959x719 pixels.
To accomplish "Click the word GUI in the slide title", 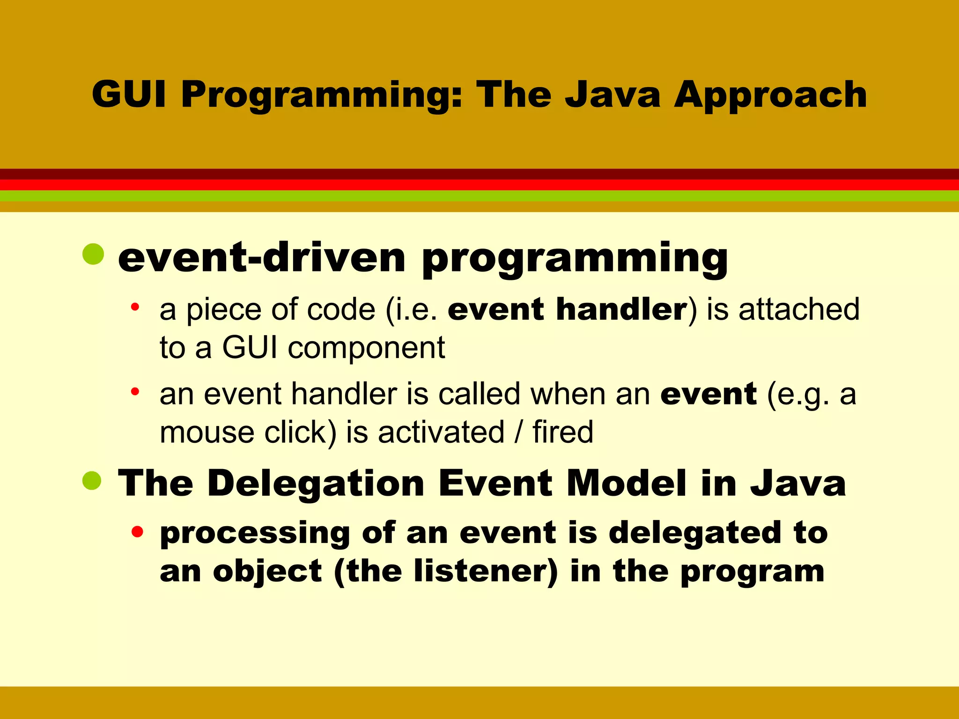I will (x=129, y=95).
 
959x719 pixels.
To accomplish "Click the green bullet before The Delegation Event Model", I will (x=92, y=481).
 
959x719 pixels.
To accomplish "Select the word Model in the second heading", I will (x=627, y=483).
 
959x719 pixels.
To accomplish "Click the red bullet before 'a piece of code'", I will (x=135, y=307).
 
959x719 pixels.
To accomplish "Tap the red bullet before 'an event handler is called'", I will (x=135, y=391).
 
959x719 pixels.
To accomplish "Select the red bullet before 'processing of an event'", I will (x=137, y=532).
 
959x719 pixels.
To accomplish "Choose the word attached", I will (x=799, y=309).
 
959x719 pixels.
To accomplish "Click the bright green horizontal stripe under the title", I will (x=479, y=196).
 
